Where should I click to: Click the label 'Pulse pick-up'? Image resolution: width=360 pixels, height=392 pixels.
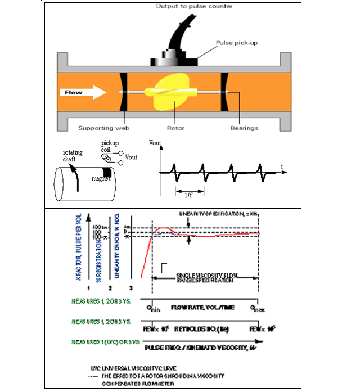coord(235,43)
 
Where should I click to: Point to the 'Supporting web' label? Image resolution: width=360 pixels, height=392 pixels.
coord(103,128)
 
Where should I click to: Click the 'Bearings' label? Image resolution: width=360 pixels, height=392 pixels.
coord(244,128)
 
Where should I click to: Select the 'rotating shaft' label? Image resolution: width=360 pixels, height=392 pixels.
coord(73,155)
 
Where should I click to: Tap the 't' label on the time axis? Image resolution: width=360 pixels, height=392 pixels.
coord(281,167)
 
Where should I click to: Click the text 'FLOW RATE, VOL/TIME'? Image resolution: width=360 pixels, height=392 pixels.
coord(203,307)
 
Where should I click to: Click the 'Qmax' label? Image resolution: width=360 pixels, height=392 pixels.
coord(255,308)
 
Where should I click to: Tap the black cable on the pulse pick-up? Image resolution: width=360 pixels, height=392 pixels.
coord(174,34)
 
